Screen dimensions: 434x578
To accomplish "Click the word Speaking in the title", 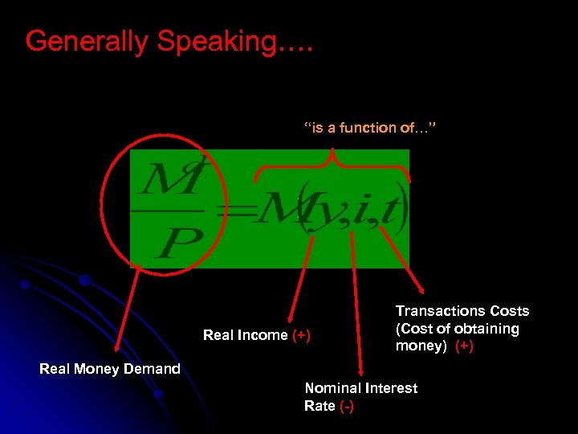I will tap(214, 42).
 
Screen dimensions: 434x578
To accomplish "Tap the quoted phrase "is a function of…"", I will tap(370, 128).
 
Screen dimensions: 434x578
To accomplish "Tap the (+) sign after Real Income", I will tap(301, 335).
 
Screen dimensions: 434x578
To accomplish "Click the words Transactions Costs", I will tap(462, 311).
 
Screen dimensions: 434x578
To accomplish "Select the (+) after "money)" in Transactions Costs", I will tap(464, 346).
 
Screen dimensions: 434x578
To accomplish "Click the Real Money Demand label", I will tap(110, 369).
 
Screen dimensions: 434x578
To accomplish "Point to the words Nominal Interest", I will tap(361, 388).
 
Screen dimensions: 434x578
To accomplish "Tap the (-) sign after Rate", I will tap(346, 406).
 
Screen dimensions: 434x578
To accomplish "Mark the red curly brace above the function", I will tap(332, 166).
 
